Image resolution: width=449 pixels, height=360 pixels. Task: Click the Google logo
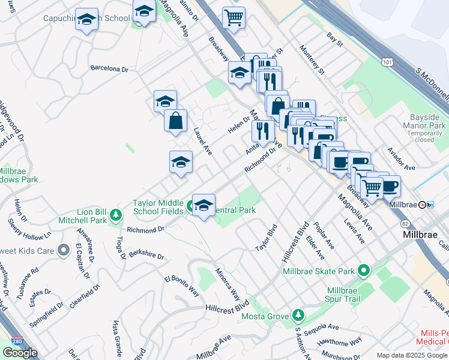click(20, 353)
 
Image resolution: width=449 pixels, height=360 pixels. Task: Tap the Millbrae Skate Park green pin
click(363, 271)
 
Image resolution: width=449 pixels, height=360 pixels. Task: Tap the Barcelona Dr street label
click(109, 68)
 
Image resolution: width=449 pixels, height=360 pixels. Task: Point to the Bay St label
click(334, 44)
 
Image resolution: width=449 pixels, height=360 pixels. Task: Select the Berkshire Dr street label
click(146, 255)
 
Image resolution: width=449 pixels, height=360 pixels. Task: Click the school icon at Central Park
click(203, 205)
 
